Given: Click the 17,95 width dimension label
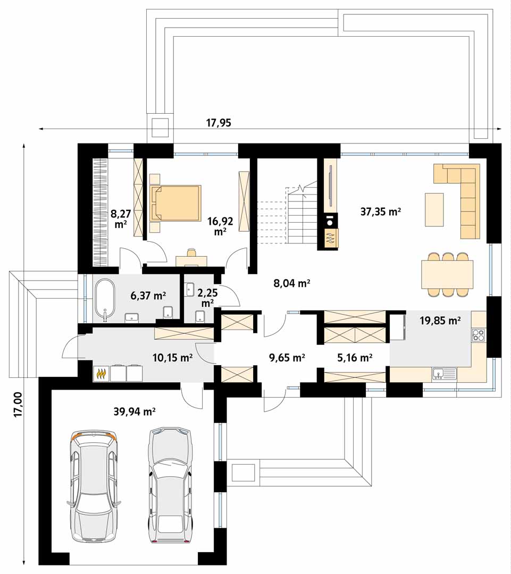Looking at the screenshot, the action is (219, 123).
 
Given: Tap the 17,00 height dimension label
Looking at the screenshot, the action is (18, 404).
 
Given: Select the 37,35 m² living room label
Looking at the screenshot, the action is (381, 212).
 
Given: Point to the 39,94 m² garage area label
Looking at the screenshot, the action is (135, 411).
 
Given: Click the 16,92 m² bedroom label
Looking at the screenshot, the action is (220, 226).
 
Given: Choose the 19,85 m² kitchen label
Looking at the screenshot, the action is (440, 320).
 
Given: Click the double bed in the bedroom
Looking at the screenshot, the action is (175, 203).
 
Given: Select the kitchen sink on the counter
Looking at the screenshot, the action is (445, 374).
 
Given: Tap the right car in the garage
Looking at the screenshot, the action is (170, 485).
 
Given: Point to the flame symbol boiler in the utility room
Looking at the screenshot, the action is (102, 374).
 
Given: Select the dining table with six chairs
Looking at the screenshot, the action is (447, 274).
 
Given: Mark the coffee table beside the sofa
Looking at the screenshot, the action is (434, 210).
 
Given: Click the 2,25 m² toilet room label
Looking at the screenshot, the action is (208, 298).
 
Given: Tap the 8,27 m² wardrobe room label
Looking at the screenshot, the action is (121, 218).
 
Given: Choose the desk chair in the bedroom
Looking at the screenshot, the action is (191, 253).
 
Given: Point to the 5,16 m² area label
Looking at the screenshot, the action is (355, 357).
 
